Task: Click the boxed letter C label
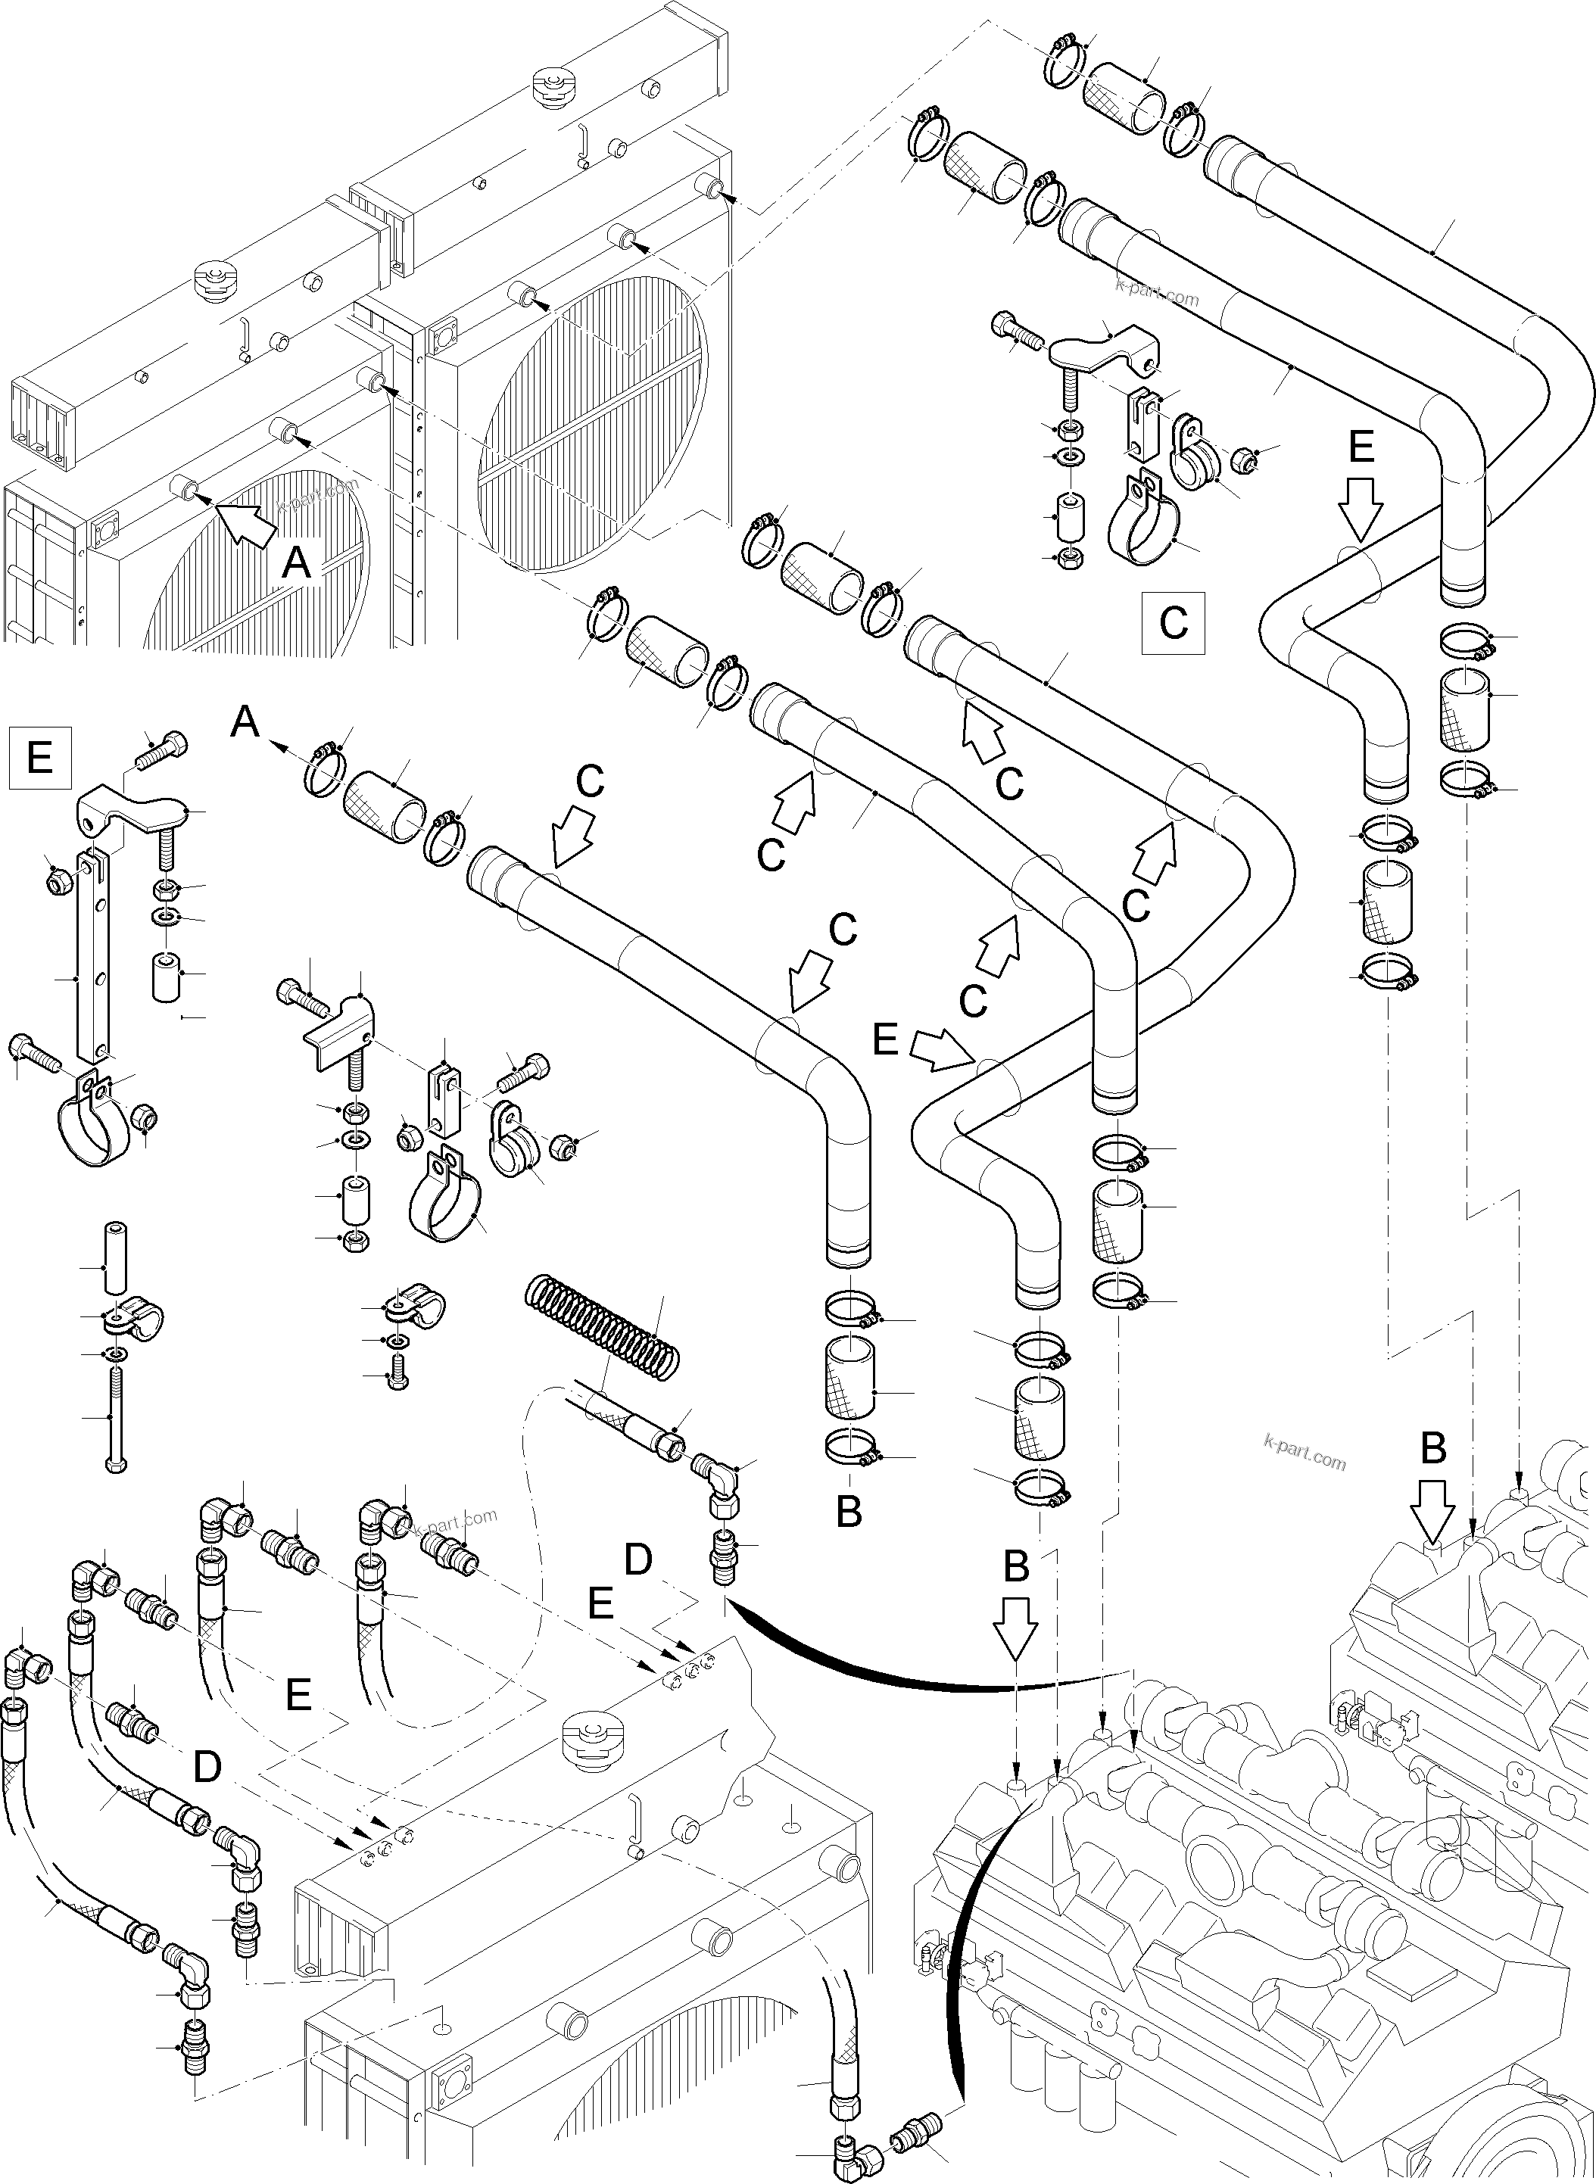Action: [1173, 622]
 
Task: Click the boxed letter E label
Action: [39, 756]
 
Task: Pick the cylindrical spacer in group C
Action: [1068, 518]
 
